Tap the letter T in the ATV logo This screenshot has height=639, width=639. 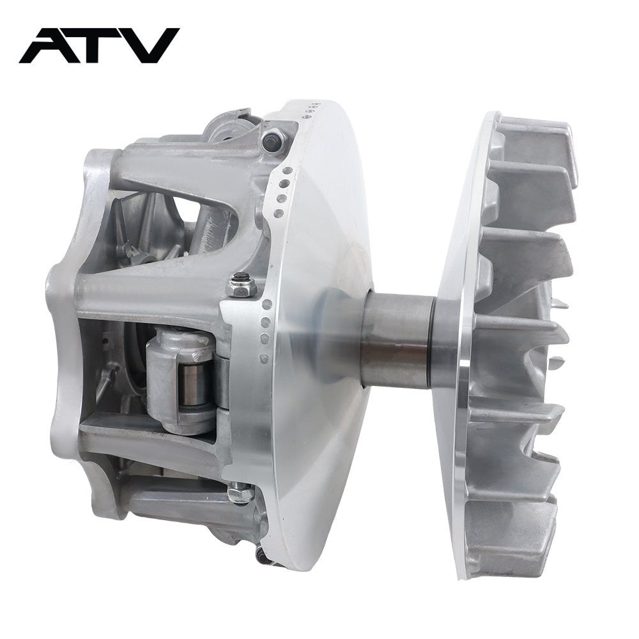click(x=103, y=45)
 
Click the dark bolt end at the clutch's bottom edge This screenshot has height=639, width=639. click(x=263, y=555)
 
